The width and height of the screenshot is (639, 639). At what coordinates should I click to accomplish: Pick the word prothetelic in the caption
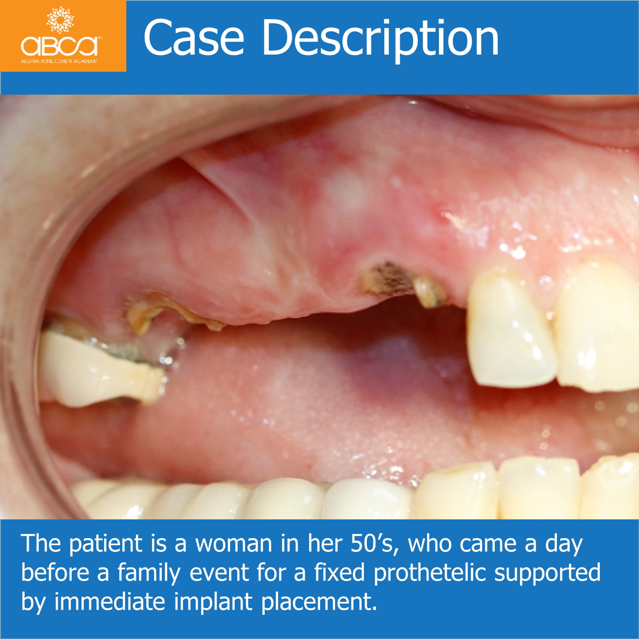tap(429, 573)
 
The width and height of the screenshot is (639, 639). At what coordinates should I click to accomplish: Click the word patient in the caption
tap(105, 544)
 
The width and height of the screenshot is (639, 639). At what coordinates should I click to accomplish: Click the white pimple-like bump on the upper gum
tap(344, 190)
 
